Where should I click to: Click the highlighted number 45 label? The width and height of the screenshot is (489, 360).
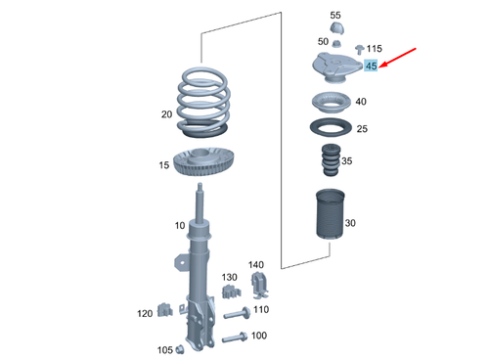372,66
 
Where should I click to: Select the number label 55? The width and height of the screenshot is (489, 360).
335,16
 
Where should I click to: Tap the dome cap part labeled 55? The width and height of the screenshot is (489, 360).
335,30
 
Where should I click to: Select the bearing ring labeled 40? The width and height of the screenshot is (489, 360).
331,102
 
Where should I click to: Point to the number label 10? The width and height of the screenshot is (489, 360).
179,226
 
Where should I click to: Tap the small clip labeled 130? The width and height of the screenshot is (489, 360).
230,293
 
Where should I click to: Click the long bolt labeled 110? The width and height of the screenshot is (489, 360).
235,314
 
